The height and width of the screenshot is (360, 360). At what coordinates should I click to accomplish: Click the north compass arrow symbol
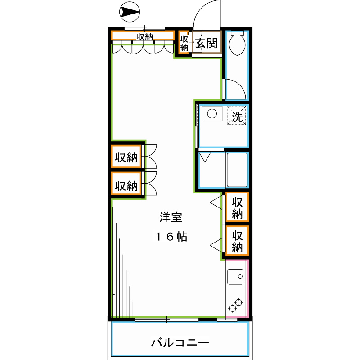click(x=130, y=12)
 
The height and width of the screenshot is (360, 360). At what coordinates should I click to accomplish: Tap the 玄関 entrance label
click(x=206, y=43)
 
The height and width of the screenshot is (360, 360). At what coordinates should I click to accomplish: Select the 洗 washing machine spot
click(x=237, y=115)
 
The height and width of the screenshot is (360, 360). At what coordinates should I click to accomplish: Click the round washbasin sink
click(x=212, y=113)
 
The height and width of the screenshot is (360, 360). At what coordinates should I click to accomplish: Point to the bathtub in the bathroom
click(x=237, y=170)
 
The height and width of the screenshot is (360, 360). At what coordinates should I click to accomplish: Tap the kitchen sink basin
click(x=235, y=277)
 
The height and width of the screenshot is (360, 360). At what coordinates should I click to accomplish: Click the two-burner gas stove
click(x=236, y=306)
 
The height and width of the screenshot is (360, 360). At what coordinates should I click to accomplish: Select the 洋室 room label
click(x=171, y=217)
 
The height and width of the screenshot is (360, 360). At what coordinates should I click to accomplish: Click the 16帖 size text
click(x=171, y=237)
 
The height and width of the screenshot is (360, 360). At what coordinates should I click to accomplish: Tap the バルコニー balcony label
click(x=180, y=342)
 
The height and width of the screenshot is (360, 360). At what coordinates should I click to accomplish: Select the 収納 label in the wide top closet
click(x=144, y=36)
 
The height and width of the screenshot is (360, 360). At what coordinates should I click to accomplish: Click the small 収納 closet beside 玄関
click(x=184, y=43)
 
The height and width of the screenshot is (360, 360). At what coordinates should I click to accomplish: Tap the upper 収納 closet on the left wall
click(x=126, y=157)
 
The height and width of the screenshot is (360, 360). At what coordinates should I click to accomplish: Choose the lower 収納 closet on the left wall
click(x=126, y=185)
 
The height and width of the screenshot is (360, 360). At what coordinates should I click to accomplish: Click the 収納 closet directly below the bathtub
click(x=237, y=207)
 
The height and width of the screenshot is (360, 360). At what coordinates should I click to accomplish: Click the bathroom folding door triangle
click(x=205, y=157)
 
